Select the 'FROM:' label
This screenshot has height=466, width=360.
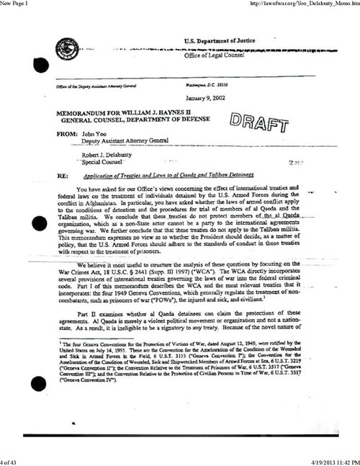[59, 135]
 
